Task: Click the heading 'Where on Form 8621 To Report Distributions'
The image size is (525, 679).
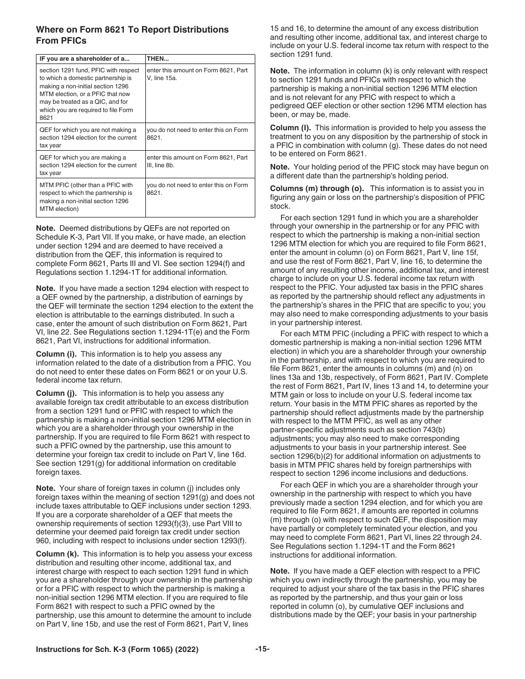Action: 132,29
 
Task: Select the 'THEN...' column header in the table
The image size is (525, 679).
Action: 158,59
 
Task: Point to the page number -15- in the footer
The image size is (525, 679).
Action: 262,664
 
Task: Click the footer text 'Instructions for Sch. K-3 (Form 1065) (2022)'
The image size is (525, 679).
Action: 117,664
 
